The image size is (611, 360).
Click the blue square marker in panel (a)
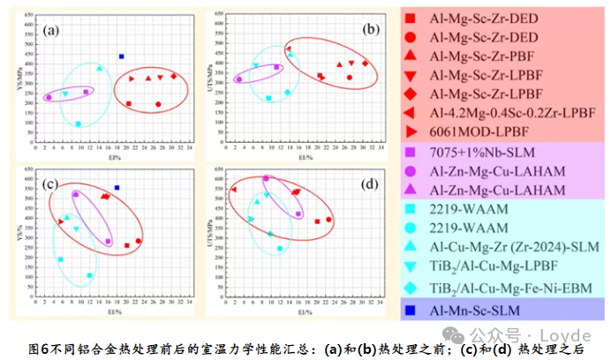click(122, 56)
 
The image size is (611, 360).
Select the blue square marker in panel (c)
click(117, 188)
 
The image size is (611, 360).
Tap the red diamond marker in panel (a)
click(174, 77)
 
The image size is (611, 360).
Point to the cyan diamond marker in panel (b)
click(287, 92)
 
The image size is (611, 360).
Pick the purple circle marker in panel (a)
click(49, 97)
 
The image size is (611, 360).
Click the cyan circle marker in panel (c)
click(90, 275)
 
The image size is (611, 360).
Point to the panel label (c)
click(51, 184)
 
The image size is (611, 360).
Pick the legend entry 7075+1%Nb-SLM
click(483, 151)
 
